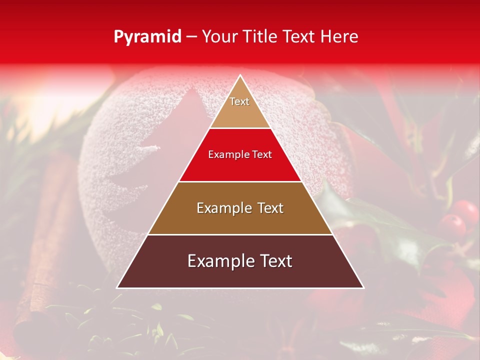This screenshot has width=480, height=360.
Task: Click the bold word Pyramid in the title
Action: point(147,37)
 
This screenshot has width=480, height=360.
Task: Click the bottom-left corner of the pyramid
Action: point(117,287)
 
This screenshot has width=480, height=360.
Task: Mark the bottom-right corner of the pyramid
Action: point(363,287)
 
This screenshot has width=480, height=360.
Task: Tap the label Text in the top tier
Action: point(239,101)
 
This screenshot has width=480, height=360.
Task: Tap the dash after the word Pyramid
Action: point(191,37)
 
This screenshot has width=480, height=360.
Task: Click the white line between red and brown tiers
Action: point(240,181)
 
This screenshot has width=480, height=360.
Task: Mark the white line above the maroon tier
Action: point(240,234)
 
